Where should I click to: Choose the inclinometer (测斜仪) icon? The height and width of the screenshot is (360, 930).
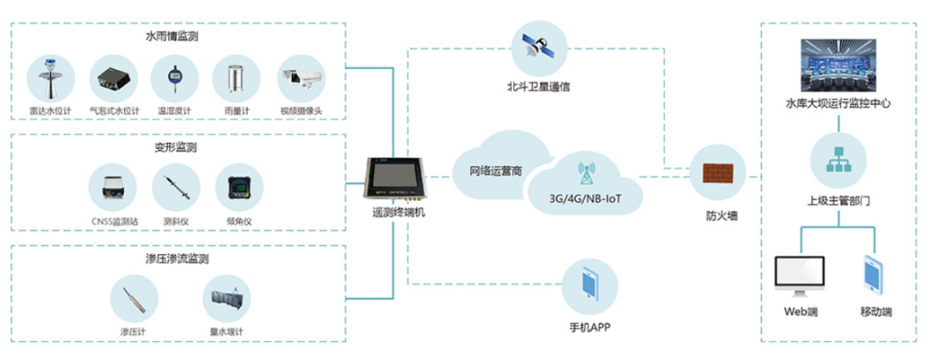click(x=175, y=188)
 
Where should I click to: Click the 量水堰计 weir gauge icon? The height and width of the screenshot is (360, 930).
click(x=227, y=299)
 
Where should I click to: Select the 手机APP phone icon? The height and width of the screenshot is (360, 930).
click(x=590, y=284)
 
